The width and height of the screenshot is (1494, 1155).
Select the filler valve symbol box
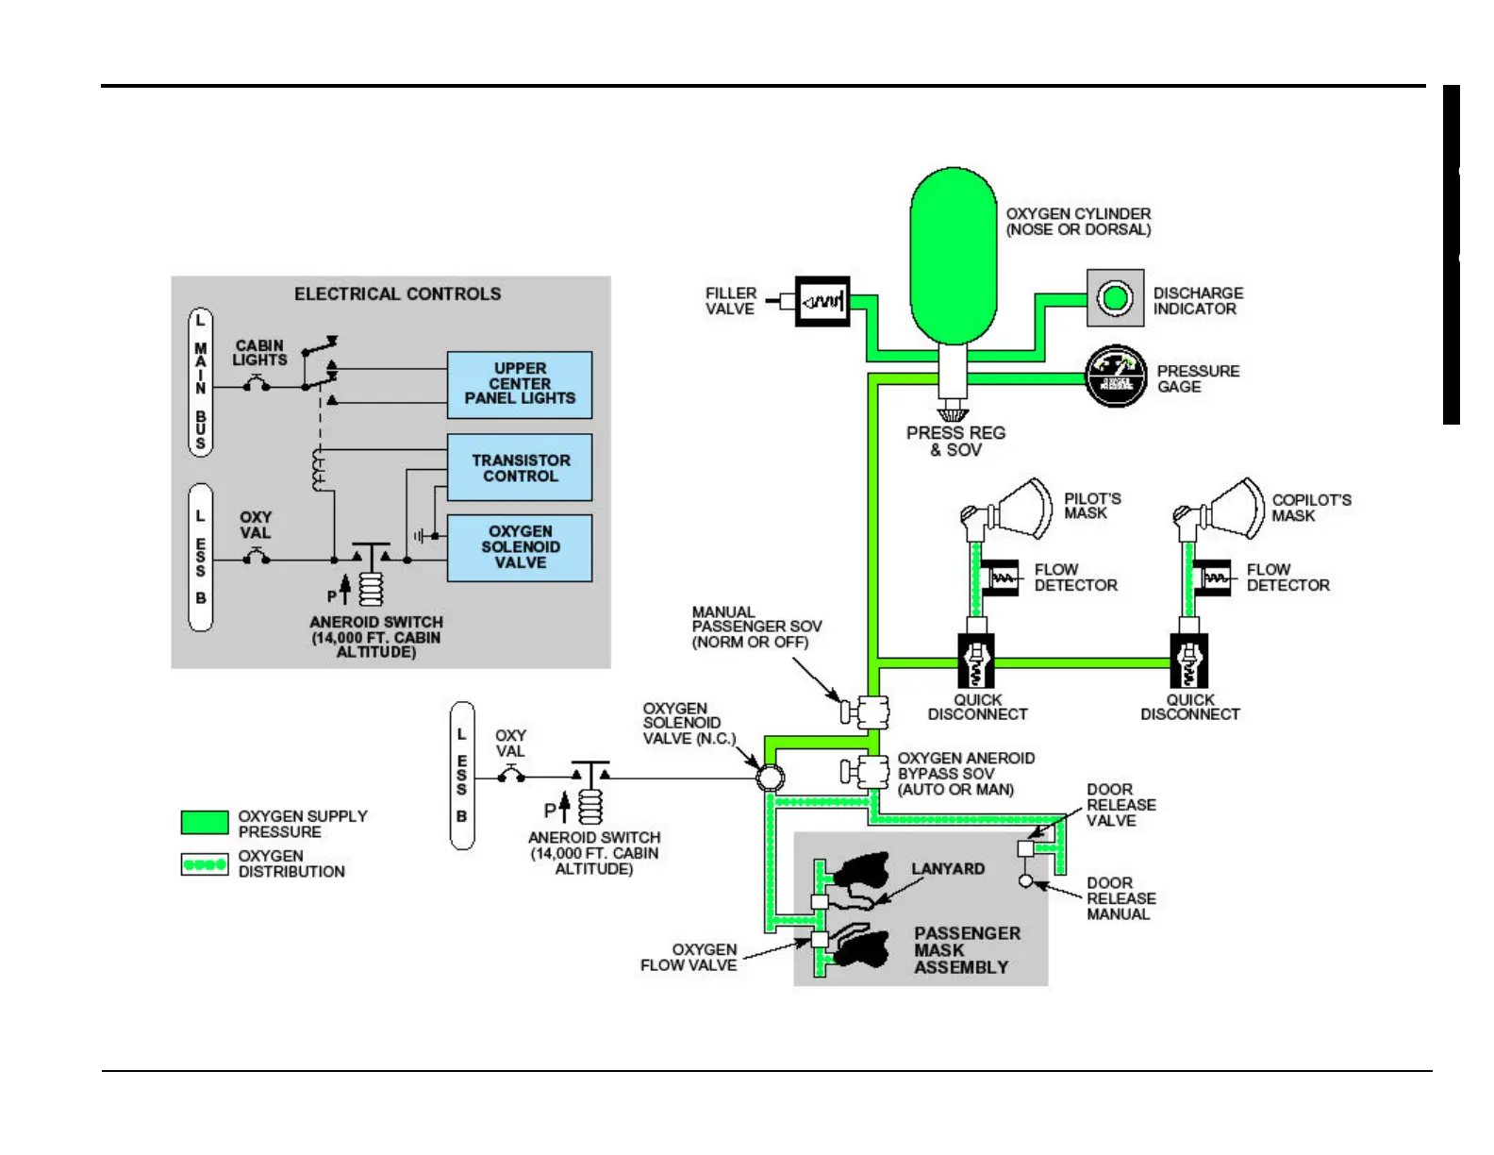coord(822,302)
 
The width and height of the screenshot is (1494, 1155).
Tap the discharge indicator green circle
coord(1116,298)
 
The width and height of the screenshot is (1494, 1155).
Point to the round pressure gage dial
coord(1116,377)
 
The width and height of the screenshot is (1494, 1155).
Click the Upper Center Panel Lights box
coord(520,384)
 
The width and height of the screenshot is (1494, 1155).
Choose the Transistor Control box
coord(520,467)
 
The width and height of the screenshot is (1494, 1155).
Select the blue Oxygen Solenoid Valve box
coord(520,547)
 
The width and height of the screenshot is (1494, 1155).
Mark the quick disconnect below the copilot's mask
coord(1188,661)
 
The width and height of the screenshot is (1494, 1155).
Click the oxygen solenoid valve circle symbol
coord(771,778)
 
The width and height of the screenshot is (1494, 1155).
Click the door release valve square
coord(1026,848)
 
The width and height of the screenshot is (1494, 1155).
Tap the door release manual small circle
coord(1026,880)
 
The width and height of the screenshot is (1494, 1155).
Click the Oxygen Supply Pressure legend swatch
coord(205,823)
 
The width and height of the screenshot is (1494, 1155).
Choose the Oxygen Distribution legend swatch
coord(205,863)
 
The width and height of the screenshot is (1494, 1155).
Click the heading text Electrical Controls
coord(397,294)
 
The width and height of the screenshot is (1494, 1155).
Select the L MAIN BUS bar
coord(200,382)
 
